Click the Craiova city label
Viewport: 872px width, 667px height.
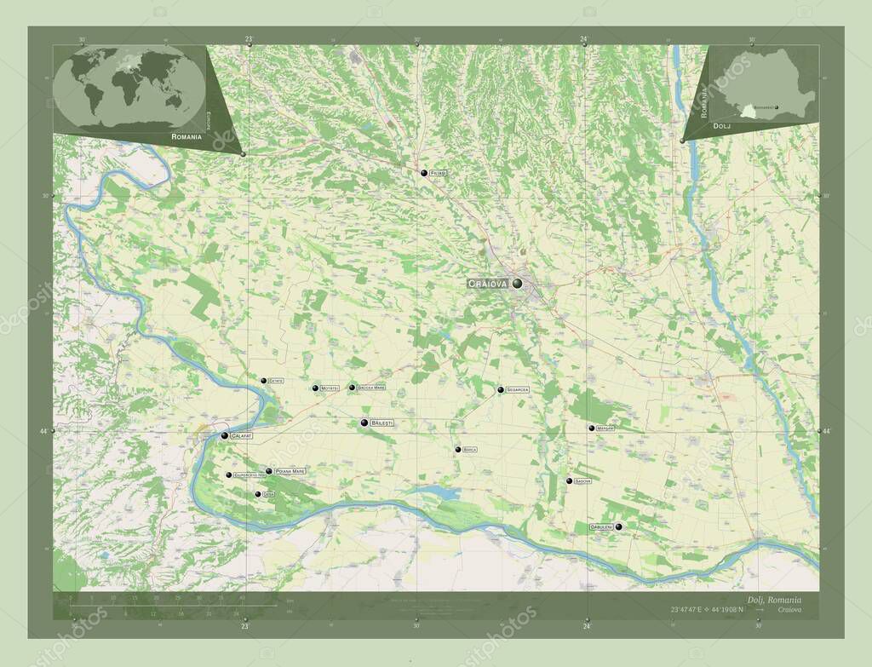488,283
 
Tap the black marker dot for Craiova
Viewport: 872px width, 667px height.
517,283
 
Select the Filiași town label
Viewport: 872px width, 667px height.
438,173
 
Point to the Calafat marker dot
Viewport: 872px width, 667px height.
224,435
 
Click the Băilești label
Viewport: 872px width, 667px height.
382,423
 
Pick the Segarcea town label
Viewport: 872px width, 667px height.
518,389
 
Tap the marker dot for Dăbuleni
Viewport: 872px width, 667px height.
619,527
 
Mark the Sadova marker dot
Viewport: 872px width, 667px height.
569,481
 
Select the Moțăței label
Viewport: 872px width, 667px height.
330,388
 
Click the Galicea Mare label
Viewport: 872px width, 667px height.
371,388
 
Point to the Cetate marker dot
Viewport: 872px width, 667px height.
263,381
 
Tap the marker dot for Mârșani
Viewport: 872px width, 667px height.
591,428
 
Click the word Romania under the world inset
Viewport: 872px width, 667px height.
186,136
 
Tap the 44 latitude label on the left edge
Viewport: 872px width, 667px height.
43,432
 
